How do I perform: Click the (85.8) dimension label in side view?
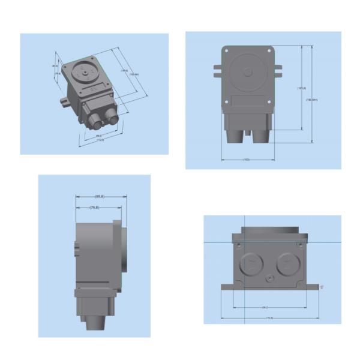pyautogui.click(x=100, y=197)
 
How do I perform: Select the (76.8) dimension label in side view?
pyautogui.click(x=94, y=208)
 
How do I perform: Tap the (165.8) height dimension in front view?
pyautogui.click(x=302, y=89)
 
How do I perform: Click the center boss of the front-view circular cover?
pyautogui.click(x=248, y=72)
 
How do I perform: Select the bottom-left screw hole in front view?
pyautogui.click(x=226, y=102)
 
